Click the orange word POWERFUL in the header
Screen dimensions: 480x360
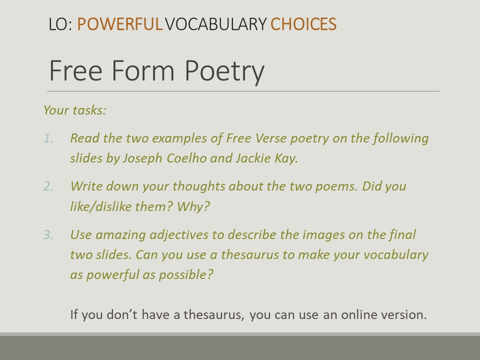(x=119, y=24)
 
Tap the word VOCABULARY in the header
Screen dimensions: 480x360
(x=216, y=24)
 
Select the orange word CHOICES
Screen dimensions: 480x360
(x=303, y=24)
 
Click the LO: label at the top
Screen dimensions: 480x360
(x=60, y=24)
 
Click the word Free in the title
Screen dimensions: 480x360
(x=75, y=70)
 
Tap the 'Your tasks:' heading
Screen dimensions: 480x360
(x=74, y=110)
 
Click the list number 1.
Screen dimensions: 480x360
(x=48, y=138)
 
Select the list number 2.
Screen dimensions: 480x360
(x=48, y=186)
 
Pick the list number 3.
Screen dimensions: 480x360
(x=48, y=235)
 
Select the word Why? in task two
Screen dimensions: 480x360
(x=193, y=206)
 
